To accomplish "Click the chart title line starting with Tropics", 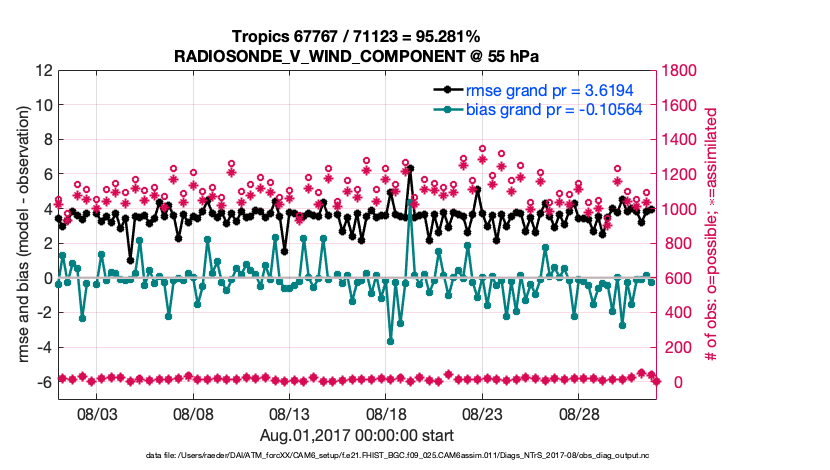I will tap(357, 37).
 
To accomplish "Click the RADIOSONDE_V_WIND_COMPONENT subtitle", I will tap(357, 55).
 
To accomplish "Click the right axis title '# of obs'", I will tap(713, 235).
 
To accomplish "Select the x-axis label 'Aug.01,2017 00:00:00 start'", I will tap(357, 435).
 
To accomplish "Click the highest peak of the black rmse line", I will tap(410, 169).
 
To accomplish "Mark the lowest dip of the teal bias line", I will tap(390, 341).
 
